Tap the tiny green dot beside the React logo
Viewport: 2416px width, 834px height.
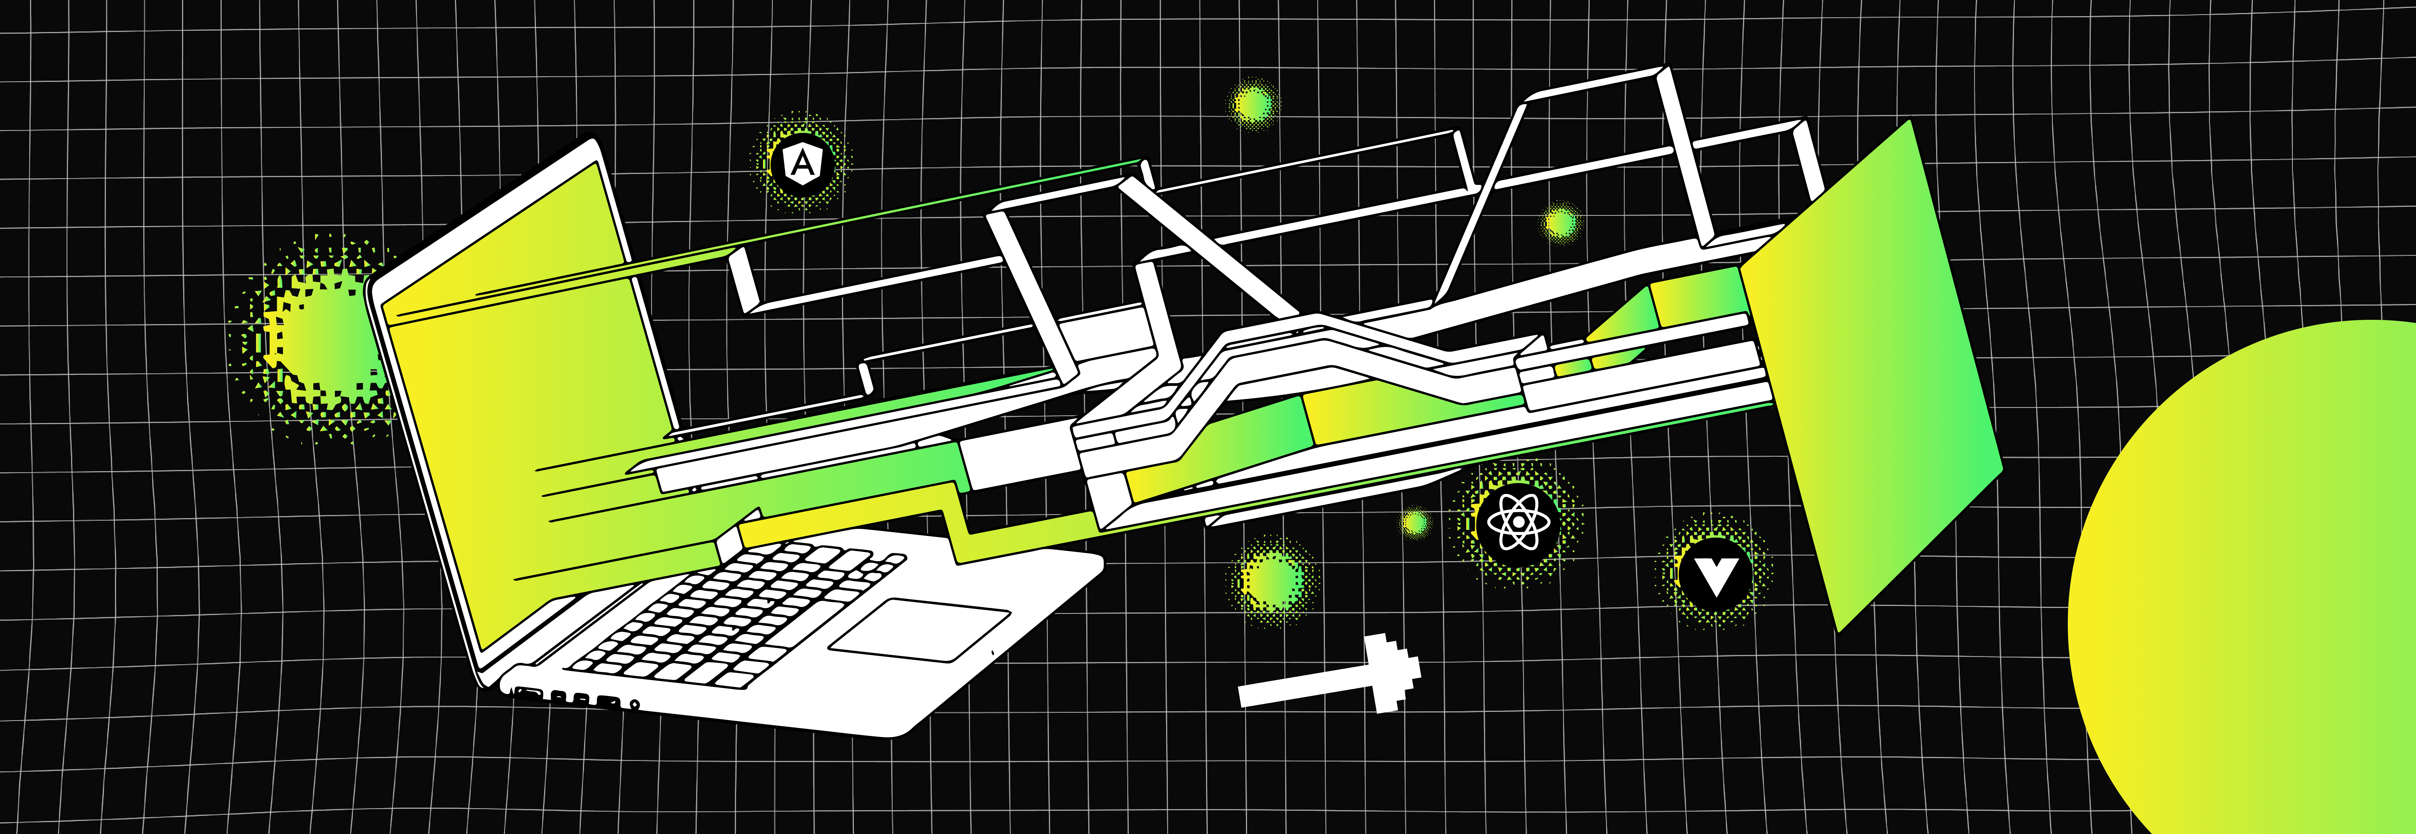click(1414, 523)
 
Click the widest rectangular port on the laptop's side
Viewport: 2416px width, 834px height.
click(528, 694)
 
